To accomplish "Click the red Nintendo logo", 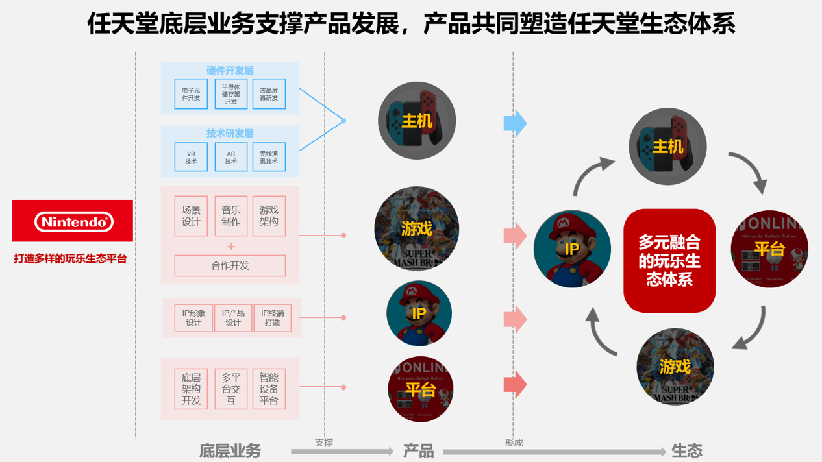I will click(x=73, y=221).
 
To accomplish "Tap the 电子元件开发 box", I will click(x=191, y=94).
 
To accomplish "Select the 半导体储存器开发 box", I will click(x=230, y=94).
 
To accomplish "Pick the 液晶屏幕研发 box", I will click(x=269, y=94).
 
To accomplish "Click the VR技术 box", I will click(x=191, y=157).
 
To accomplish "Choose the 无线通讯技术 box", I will click(x=269, y=157).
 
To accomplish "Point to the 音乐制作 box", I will click(x=230, y=216).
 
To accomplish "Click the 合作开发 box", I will click(x=230, y=265).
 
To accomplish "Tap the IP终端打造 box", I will click(x=272, y=318).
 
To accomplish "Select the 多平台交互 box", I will click(x=230, y=389).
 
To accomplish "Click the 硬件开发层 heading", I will click(x=230, y=71).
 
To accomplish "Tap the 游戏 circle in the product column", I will click(x=417, y=228).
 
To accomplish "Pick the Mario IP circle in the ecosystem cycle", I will click(x=572, y=249).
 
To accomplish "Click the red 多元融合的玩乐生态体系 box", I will click(x=669, y=261).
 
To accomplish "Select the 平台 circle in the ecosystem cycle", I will click(x=769, y=249).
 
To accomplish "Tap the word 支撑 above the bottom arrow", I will click(x=324, y=443).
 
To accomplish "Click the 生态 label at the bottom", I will click(x=687, y=451).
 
